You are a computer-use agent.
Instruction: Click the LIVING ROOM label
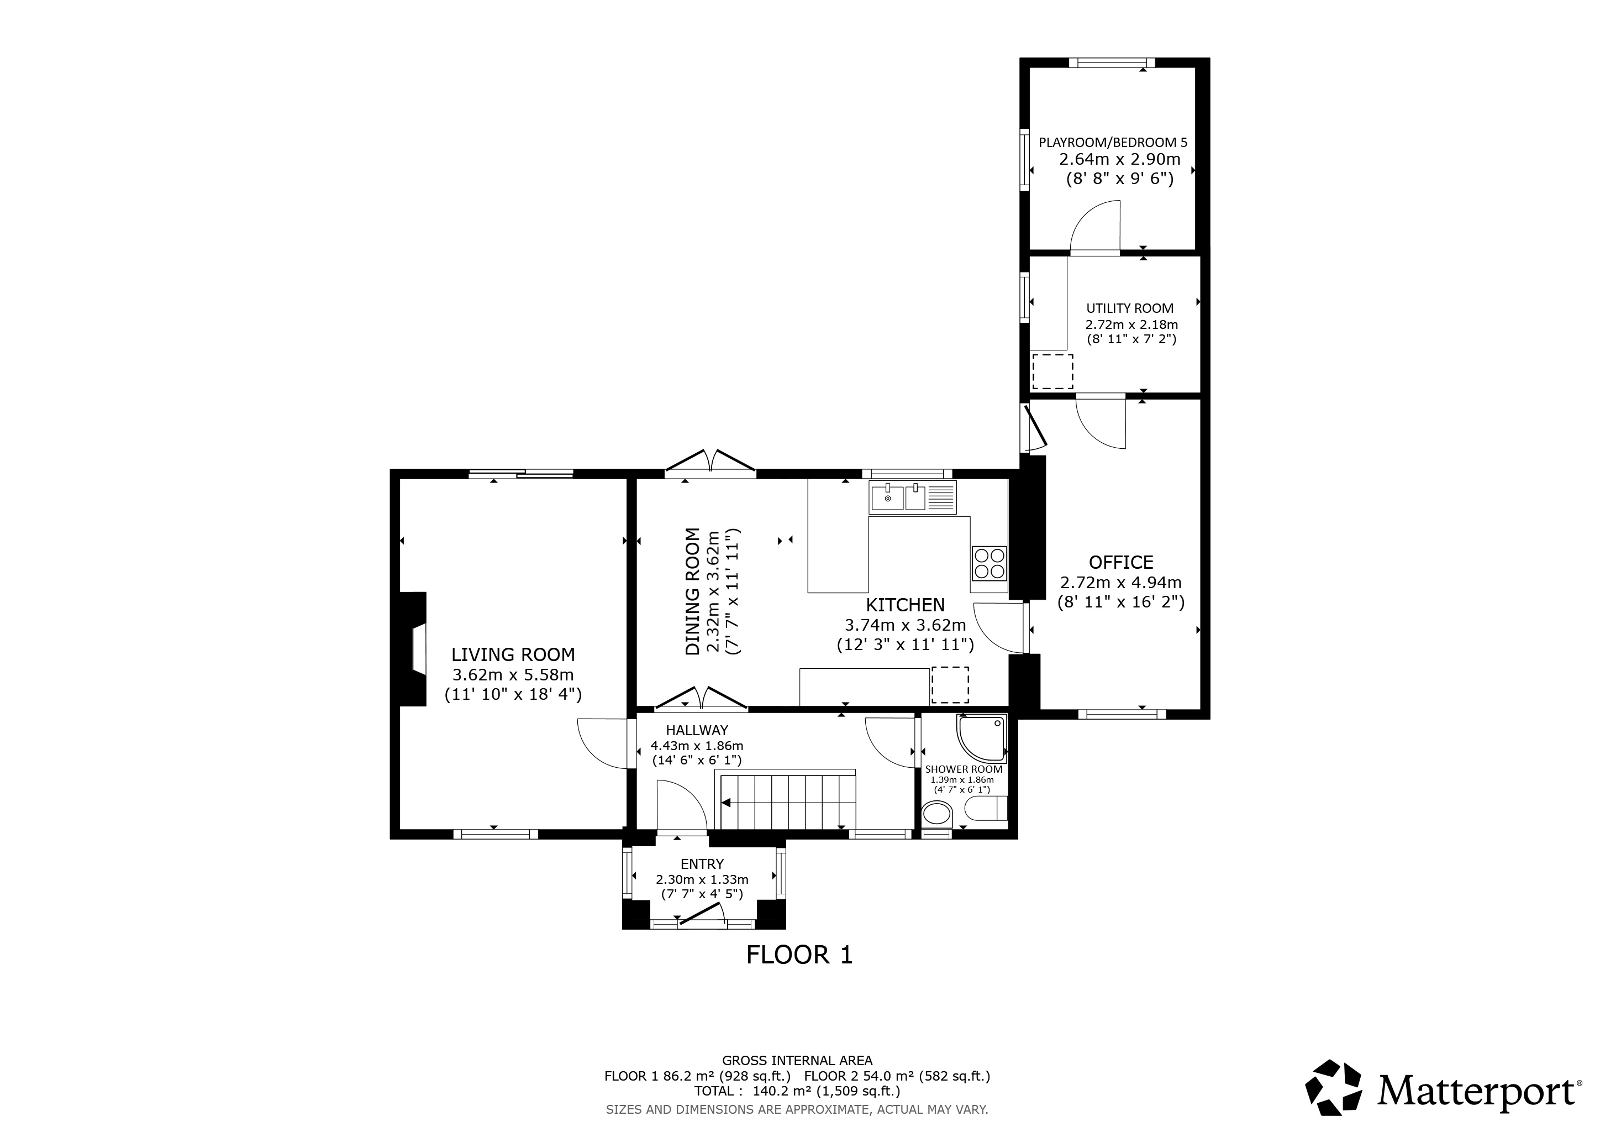coord(513,654)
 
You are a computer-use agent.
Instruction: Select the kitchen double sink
coord(913,497)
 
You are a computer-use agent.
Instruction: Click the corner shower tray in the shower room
coord(982,737)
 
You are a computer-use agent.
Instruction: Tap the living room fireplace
coord(413,649)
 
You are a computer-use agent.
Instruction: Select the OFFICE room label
coord(1121,562)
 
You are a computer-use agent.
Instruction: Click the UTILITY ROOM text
coord(1130,308)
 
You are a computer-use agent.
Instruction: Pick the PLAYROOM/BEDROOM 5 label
coord(1113,142)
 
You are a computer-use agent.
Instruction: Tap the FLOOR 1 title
coord(799,954)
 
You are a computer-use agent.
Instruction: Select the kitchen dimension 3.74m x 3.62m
coord(905,625)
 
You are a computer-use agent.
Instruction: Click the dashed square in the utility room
coord(1052,371)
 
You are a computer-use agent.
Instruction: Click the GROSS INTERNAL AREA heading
coord(797,1061)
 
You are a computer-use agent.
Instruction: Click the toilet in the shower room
coord(986,809)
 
